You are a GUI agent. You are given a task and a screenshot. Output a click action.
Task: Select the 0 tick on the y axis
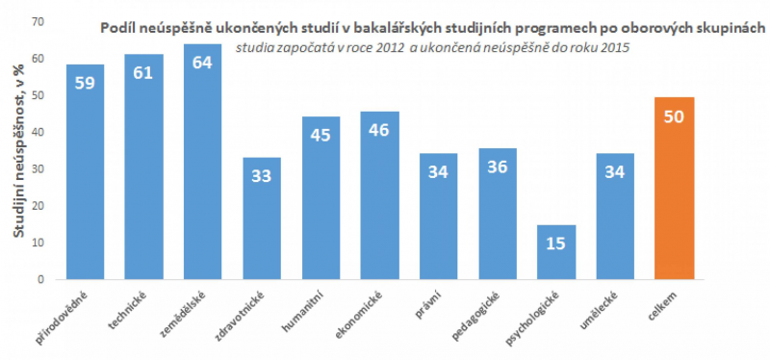(39, 280)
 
